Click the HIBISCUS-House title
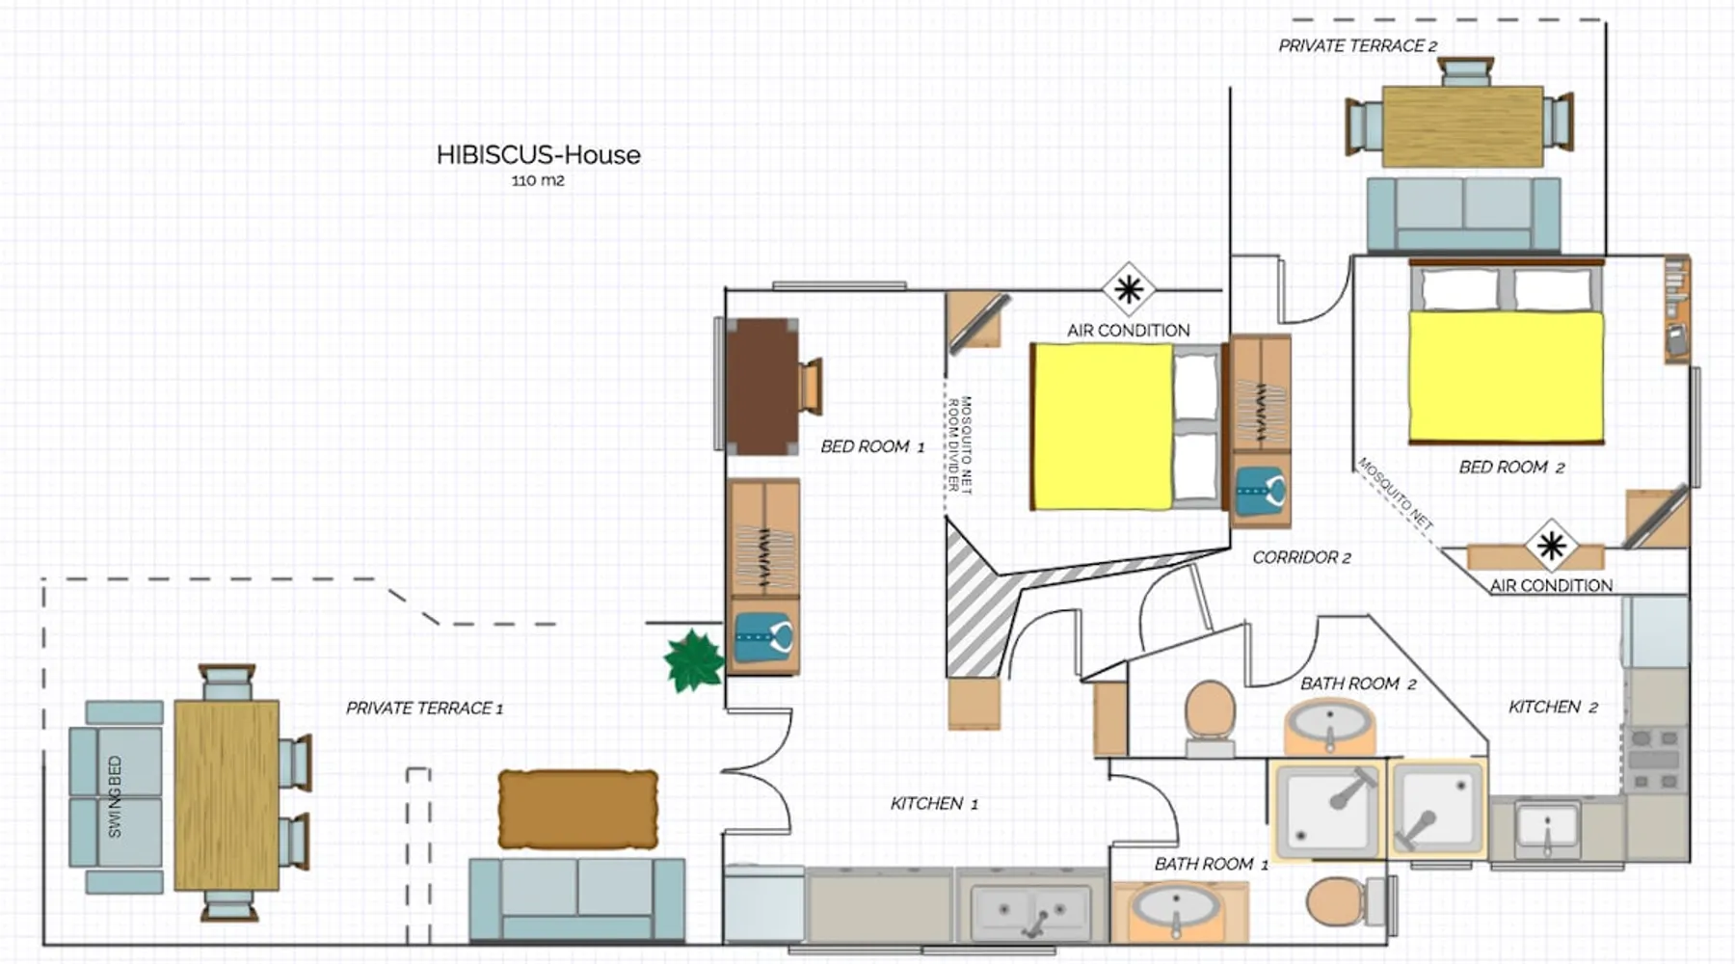pos(538,154)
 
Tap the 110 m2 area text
pos(538,180)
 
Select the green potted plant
pos(693,661)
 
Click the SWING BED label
pos(115,796)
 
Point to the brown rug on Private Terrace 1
pos(578,809)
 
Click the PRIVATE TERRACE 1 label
pos(424,709)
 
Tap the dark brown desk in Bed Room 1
pos(761,386)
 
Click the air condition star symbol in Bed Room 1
pos(1128,288)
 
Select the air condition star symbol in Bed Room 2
pos(1551,547)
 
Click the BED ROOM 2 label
pos(1511,468)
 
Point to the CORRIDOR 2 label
pos(1301,557)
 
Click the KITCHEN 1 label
pos(934,804)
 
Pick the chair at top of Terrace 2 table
pos(1465,72)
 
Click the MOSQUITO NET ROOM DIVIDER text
pos(960,445)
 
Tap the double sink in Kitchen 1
pos(1030,911)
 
